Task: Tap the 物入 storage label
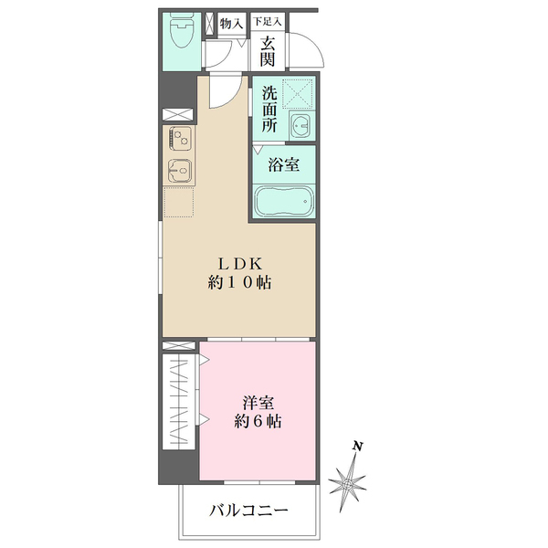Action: tap(231, 23)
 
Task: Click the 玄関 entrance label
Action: tap(268, 50)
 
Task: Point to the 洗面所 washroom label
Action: tap(269, 110)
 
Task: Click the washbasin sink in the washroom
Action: tap(300, 125)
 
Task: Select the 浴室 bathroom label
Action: tap(283, 165)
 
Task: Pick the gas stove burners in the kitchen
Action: tap(179, 141)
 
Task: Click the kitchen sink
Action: tap(179, 171)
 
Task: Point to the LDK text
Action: tap(239, 264)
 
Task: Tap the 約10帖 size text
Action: tap(239, 283)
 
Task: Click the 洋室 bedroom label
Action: tap(257, 402)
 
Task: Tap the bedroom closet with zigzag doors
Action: tap(180, 399)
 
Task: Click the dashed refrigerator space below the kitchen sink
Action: tap(180, 202)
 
